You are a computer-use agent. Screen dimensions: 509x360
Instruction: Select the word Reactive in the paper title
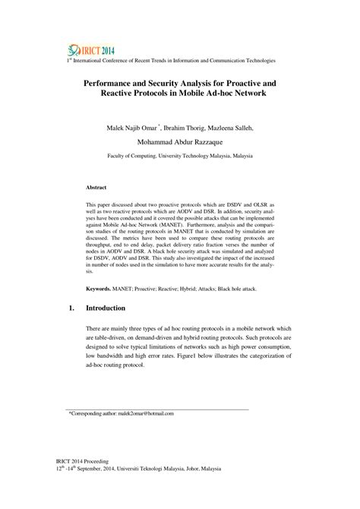point(123,90)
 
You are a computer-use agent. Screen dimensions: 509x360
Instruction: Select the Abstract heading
point(96,187)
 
